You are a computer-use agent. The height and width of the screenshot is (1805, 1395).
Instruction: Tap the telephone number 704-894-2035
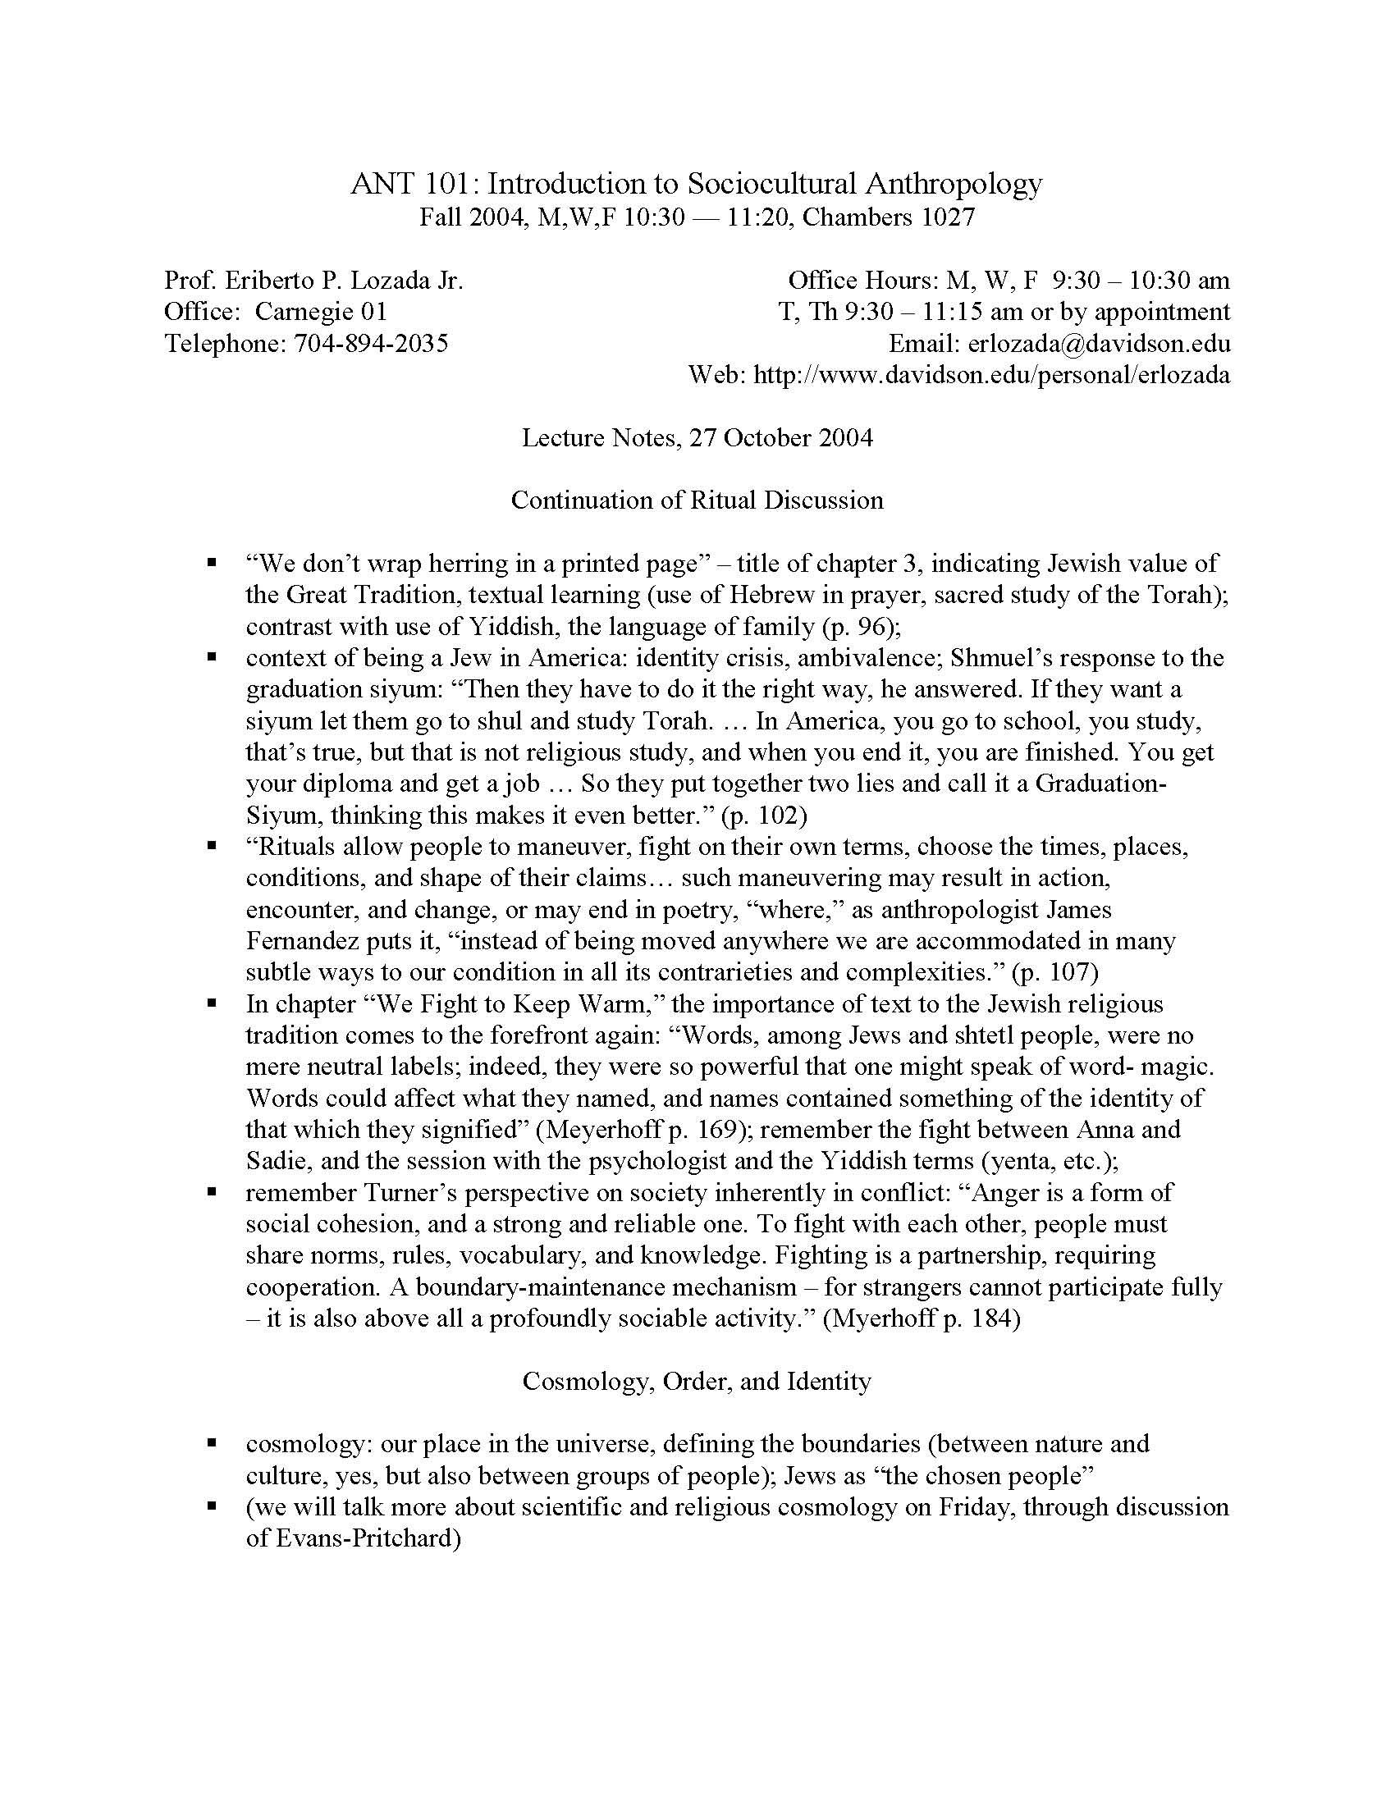coord(371,343)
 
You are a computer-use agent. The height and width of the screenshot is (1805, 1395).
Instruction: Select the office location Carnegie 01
coord(321,312)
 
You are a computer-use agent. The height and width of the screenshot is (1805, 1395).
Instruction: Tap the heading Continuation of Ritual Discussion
coord(697,500)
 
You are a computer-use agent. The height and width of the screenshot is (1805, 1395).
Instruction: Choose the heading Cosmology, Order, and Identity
coord(697,1381)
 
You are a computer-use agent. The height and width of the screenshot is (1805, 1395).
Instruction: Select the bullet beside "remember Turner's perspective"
coord(213,1193)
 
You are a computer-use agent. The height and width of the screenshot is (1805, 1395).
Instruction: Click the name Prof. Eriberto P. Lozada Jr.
coord(314,280)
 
